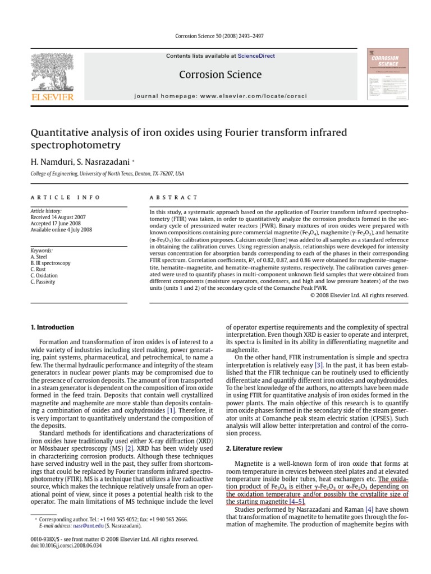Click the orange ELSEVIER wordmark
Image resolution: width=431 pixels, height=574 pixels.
click(x=53, y=97)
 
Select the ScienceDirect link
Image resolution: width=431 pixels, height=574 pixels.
click(x=255, y=56)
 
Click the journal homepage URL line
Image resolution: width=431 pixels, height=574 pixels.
click(x=221, y=96)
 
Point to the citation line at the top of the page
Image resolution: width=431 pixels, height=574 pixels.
click(x=215, y=36)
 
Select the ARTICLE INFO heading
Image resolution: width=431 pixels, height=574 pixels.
click(x=66, y=197)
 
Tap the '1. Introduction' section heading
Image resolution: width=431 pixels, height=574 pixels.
click(x=52, y=327)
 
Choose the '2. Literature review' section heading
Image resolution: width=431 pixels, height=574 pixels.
click(x=251, y=448)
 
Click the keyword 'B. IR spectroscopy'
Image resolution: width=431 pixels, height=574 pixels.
click(x=51, y=262)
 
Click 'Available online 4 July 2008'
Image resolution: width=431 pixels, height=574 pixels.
click(x=62, y=229)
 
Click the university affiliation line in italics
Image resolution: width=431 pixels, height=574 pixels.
click(x=107, y=174)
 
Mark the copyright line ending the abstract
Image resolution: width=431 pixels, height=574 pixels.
click(x=359, y=295)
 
